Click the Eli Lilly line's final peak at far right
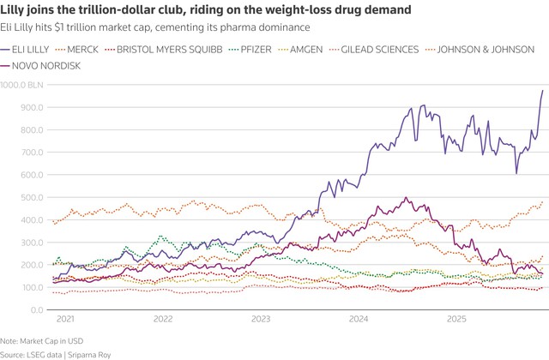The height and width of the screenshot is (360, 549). pyautogui.click(x=542, y=91)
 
